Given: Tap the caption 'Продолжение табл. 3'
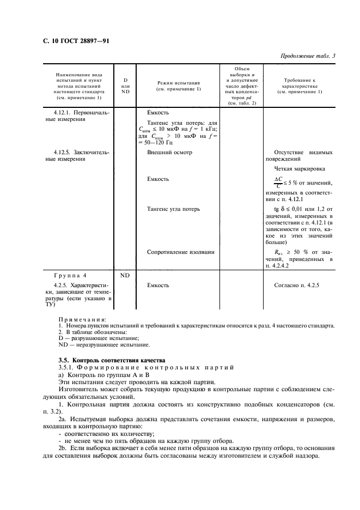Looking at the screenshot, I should [x=308, y=56].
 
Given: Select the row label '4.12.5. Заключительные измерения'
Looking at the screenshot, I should [x=77, y=156].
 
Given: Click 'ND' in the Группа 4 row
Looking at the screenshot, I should [x=125, y=276].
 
